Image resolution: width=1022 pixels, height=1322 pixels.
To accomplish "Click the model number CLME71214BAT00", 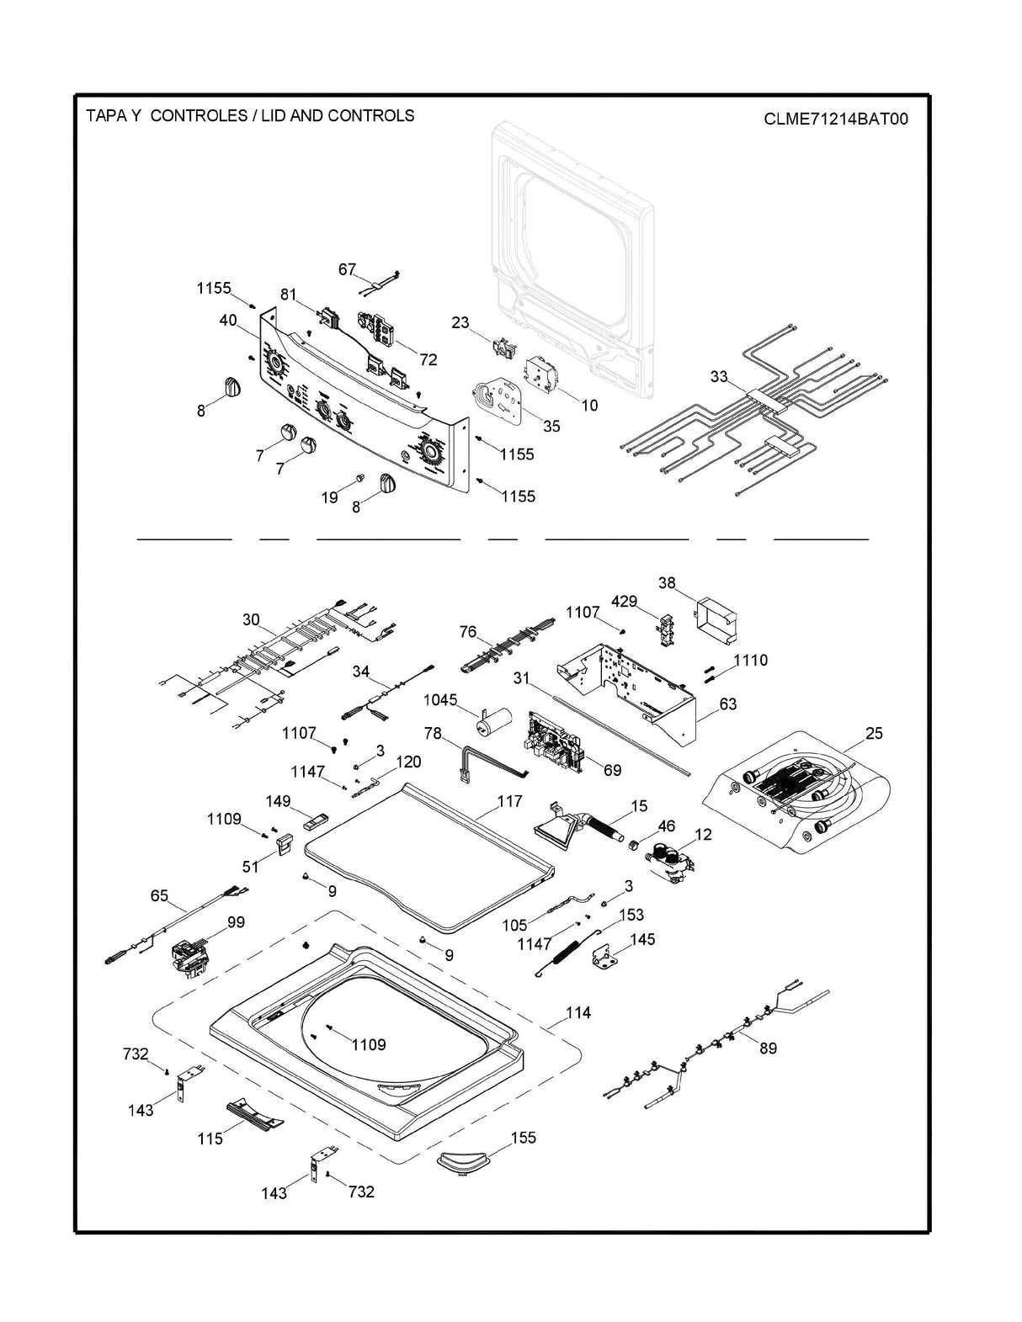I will point(835,119).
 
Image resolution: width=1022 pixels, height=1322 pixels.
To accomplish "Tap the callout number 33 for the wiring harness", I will point(718,377).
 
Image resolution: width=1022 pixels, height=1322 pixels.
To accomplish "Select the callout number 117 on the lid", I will point(508,801).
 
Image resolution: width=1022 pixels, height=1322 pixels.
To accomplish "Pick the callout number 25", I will point(874,733).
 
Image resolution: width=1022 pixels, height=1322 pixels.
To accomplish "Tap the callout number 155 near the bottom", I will point(523,1138).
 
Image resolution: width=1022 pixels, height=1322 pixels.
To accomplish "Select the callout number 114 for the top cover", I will point(578,1012).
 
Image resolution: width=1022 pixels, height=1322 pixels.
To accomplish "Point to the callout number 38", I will point(667,582).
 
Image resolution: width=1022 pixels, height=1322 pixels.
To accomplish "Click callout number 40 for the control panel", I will point(227,321).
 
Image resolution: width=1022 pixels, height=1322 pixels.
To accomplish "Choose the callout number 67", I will point(348,269).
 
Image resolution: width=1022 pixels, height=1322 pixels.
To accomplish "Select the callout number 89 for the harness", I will point(767,1048).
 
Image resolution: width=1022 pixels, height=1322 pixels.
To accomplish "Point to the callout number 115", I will point(210,1139).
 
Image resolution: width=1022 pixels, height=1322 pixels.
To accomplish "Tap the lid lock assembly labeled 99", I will point(191,959).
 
